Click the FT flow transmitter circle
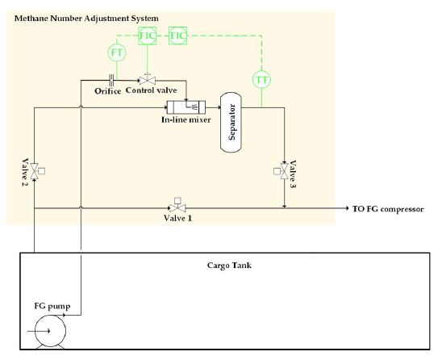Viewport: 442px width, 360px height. point(117,52)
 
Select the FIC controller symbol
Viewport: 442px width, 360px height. point(147,36)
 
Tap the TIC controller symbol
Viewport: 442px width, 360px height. point(177,36)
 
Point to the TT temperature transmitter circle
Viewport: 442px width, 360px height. point(261,80)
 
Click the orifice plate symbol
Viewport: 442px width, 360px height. point(112,81)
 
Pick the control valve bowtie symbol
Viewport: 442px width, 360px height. point(147,80)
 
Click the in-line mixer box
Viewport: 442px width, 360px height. point(186,107)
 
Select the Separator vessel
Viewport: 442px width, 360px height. point(231,122)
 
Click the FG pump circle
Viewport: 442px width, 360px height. point(50,331)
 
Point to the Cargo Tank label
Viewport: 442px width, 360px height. point(229,266)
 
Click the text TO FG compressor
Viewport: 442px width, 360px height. point(388,209)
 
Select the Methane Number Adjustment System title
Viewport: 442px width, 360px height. point(86,19)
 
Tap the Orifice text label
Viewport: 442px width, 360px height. point(108,91)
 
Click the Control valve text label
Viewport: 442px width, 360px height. point(151,90)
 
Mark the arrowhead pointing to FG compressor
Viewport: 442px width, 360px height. point(347,208)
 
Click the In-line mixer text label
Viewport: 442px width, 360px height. point(186,119)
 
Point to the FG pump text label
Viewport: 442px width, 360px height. point(52,306)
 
